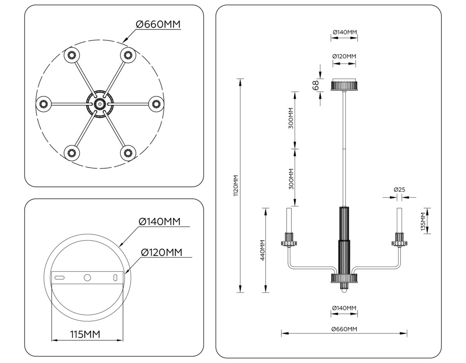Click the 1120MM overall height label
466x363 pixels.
coord(235,186)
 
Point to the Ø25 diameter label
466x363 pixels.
coord(399,189)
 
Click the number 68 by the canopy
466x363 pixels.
coord(315,85)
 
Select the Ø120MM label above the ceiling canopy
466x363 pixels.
coord(344,56)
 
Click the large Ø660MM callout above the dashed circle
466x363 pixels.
coord(158,25)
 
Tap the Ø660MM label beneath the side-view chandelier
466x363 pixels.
coord(344,329)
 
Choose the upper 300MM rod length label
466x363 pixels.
coord(291,119)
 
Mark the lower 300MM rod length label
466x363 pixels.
coord(291,178)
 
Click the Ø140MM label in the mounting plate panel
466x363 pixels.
coord(160,221)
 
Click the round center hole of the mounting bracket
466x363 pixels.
coord(87,277)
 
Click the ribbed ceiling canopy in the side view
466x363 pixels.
coord(344,85)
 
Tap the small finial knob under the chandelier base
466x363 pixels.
coord(344,290)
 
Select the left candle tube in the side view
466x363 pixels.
coord(289,220)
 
